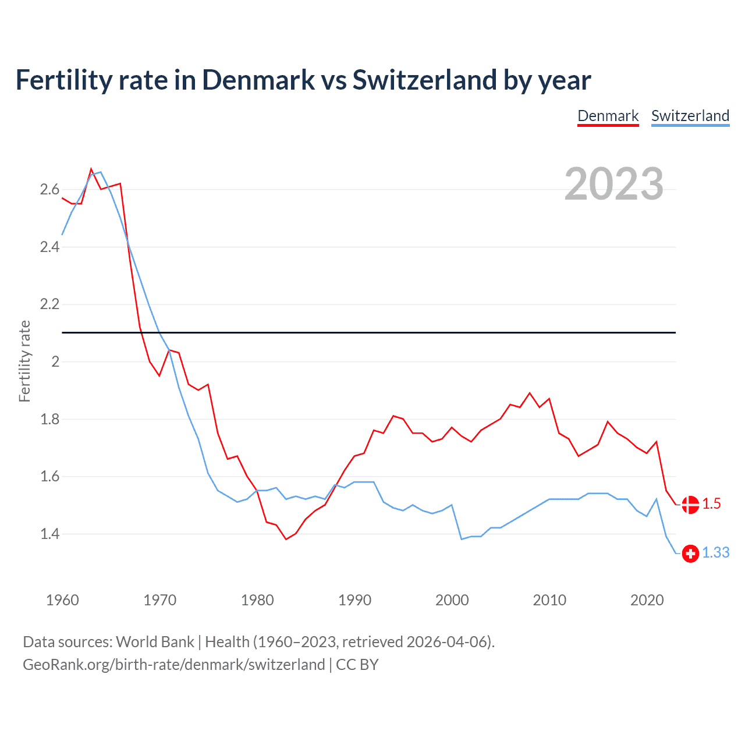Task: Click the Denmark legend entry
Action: tap(608, 116)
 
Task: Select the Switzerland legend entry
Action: tap(690, 116)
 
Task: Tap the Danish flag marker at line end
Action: tap(690, 505)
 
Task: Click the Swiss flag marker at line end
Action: tap(690, 554)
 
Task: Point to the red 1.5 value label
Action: tap(711, 504)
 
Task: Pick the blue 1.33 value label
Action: tap(715, 553)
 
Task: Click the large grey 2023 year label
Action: tap(613, 184)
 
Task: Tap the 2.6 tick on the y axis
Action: tap(49, 190)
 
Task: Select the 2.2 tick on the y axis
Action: tap(49, 304)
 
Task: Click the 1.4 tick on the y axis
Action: tap(49, 534)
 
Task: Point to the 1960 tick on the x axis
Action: tap(62, 600)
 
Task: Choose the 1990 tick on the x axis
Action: tap(354, 600)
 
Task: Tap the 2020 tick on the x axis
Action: tap(647, 600)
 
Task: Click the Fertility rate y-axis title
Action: tap(24, 361)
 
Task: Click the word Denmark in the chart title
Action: tap(258, 80)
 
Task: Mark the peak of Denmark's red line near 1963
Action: tap(91, 169)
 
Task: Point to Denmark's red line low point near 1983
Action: tap(286, 539)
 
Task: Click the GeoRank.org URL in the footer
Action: tap(173, 665)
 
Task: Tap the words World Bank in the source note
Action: tap(155, 642)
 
